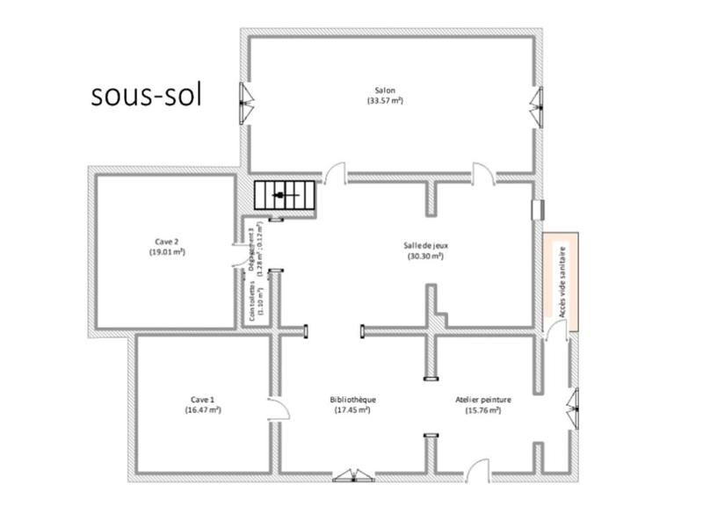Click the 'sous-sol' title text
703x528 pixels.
[x=147, y=96]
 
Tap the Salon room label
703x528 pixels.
[x=385, y=90]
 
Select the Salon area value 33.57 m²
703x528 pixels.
[x=385, y=101]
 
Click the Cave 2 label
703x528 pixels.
[x=167, y=242]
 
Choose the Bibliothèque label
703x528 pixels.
[x=353, y=399]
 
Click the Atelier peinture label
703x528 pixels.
[x=483, y=399]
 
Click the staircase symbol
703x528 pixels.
[x=283, y=195]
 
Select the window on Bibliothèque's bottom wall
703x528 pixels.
[x=353, y=475]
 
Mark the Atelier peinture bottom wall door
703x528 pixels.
[x=477, y=470]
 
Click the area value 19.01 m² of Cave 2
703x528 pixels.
[x=167, y=252]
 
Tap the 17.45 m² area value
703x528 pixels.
[x=353, y=409]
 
